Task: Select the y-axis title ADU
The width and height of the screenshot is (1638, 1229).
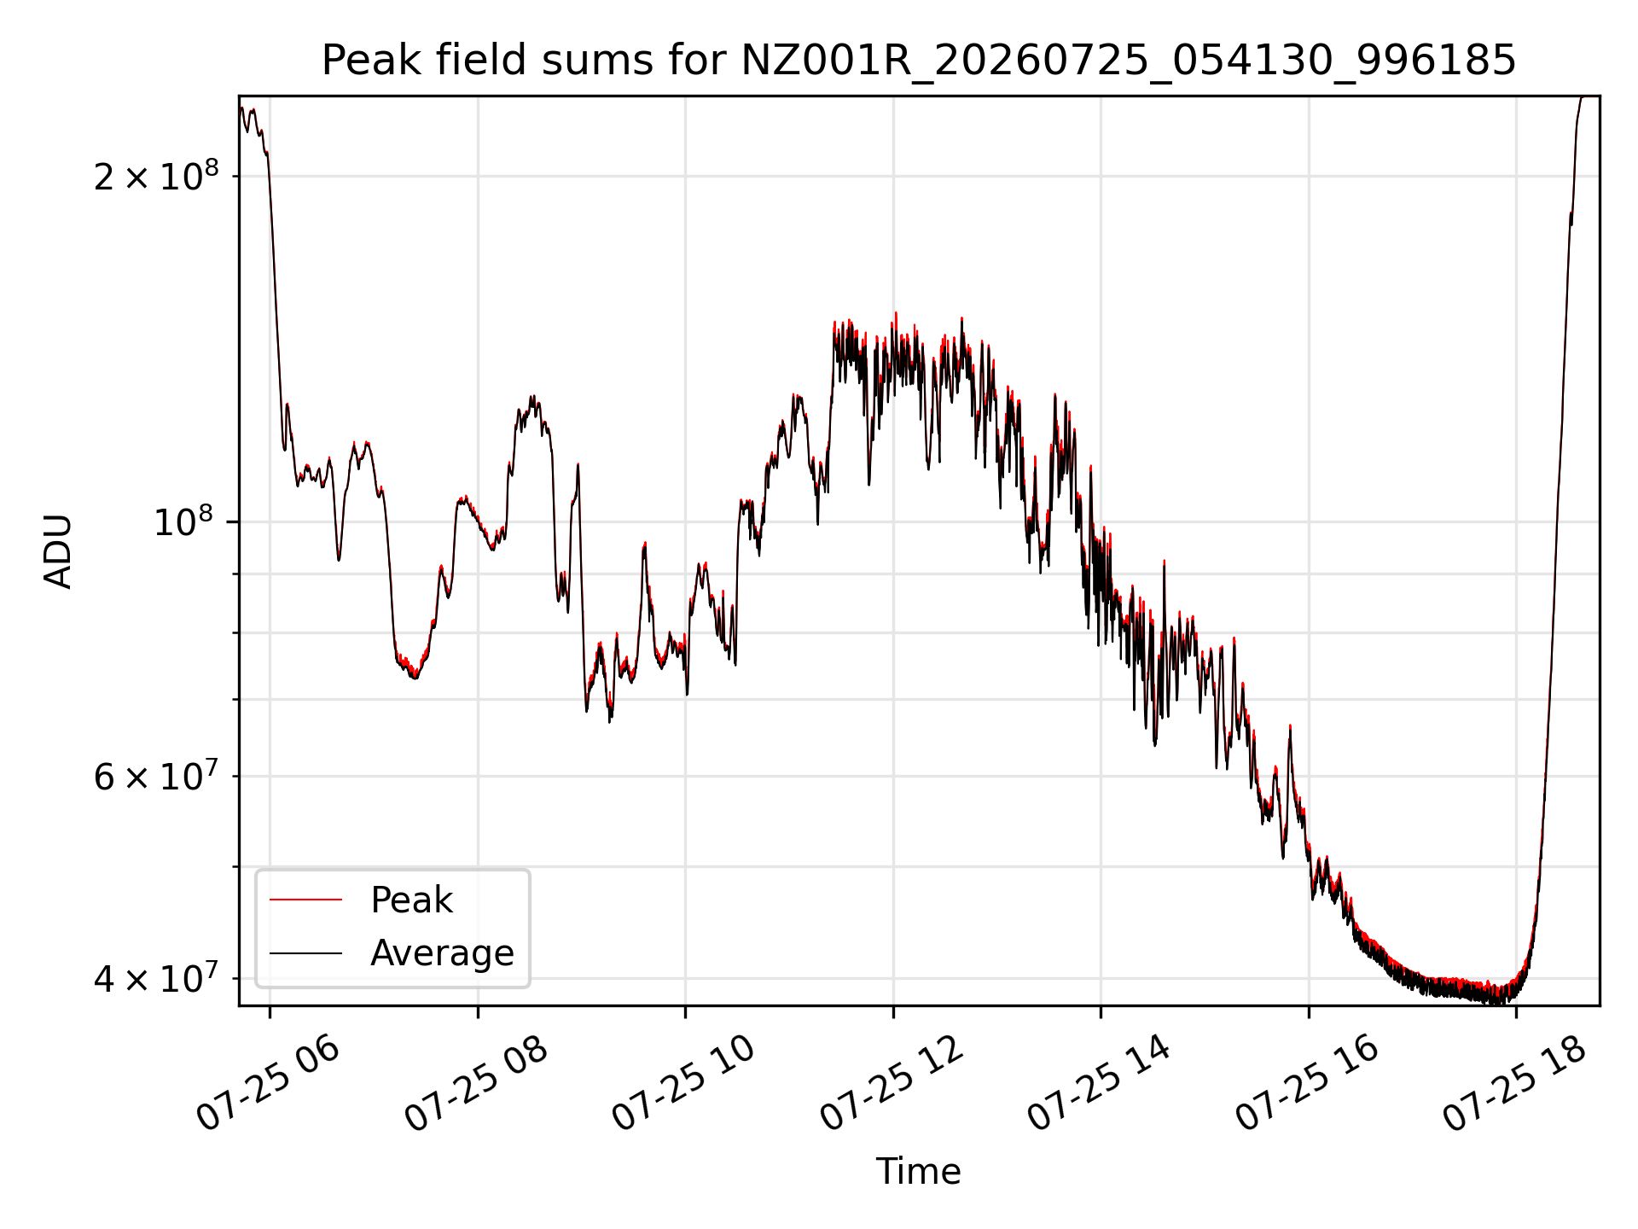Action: click(58, 551)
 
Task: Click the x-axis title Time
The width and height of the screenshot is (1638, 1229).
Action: click(919, 1171)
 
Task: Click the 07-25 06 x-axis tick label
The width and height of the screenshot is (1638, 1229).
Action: click(269, 1084)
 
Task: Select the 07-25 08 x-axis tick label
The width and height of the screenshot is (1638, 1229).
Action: click(476, 1084)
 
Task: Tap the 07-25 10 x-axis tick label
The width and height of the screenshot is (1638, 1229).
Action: click(684, 1084)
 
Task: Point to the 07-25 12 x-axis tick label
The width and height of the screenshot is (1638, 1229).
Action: click(892, 1084)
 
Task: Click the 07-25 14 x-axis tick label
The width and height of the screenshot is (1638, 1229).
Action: click(1099, 1084)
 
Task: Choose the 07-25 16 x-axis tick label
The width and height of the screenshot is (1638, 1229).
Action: click(1307, 1084)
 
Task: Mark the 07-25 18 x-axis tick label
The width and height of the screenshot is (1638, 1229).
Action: click(1514, 1084)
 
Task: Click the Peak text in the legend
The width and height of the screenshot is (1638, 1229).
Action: click(411, 900)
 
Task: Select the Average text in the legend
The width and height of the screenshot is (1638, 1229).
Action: click(442, 952)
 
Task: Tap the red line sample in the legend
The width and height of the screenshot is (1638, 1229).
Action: click(305, 900)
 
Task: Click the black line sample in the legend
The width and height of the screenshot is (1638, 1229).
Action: click(305, 952)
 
